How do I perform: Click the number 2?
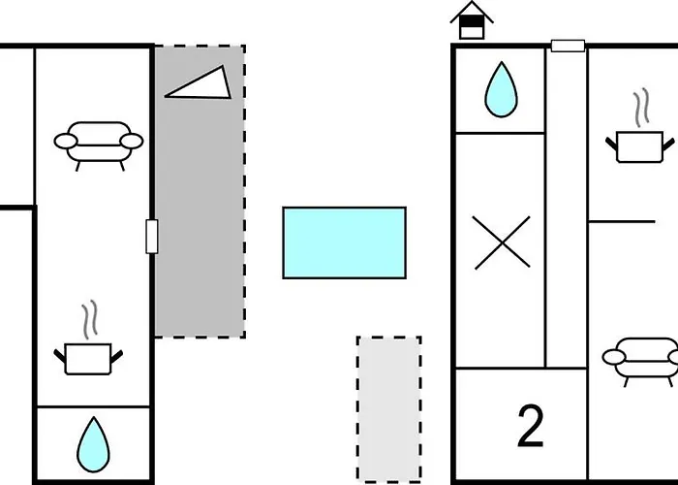point(530,426)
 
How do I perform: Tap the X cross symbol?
point(502,242)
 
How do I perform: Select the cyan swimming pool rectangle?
point(344,242)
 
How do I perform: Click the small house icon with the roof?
point(472,20)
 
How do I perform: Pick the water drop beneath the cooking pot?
point(93,444)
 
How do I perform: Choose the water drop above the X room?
point(501,89)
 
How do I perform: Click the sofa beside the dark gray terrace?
point(99,145)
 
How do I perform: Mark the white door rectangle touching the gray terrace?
point(152,237)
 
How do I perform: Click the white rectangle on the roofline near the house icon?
point(568,46)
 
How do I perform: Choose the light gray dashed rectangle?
point(389,408)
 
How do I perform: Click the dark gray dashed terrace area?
point(200,191)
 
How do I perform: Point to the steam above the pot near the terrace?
point(90,319)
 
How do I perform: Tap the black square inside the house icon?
point(472,21)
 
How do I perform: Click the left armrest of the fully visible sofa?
point(66,142)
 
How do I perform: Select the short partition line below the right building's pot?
point(622,222)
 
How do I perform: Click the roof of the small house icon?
point(472,10)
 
